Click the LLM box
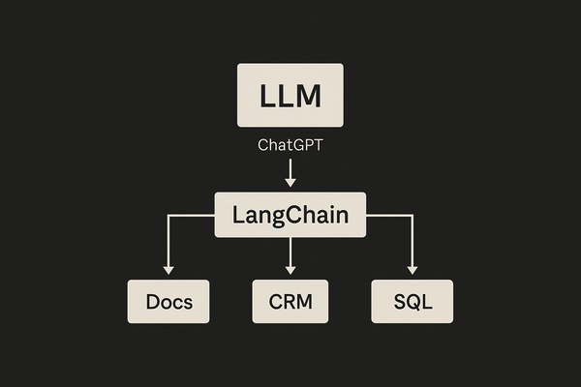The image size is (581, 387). [x=290, y=96]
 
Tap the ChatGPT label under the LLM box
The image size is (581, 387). [x=290, y=146]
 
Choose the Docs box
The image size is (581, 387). [x=168, y=301]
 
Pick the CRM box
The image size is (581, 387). [x=290, y=301]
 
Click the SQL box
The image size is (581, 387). [x=412, y=301]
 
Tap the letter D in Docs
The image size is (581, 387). [x=151, y=301]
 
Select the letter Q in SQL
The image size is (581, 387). [x=412, y=302]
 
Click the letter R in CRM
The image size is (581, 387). [x=290, y=301]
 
